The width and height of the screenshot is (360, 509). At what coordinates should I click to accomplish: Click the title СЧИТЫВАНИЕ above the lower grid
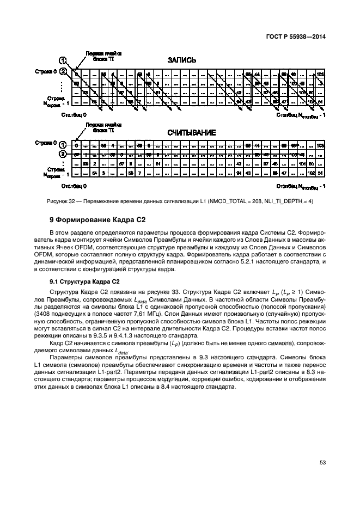191,132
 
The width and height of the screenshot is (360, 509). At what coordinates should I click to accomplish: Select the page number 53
322,463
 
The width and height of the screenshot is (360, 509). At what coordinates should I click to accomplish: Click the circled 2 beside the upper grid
63,71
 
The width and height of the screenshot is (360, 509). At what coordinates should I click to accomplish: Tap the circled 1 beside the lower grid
63,144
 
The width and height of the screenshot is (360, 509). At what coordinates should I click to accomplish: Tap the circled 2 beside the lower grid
63,155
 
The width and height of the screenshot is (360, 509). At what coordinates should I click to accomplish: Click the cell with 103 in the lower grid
320,145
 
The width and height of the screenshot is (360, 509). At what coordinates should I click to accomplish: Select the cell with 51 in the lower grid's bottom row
320,173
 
